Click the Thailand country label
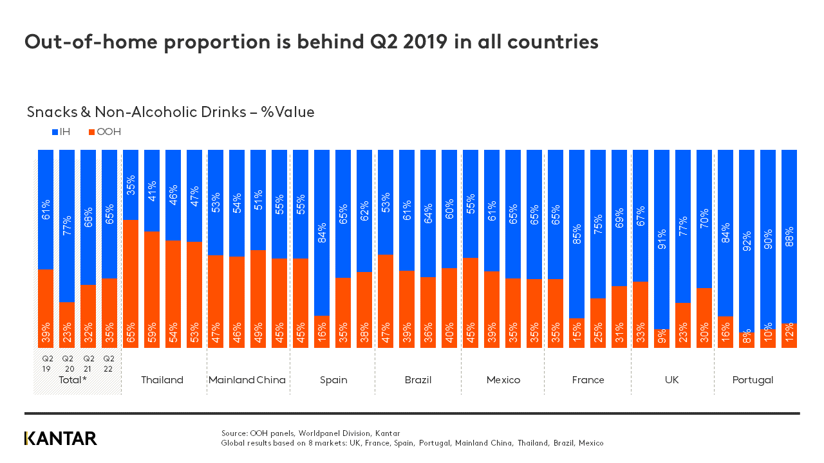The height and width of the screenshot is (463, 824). coord(162,380)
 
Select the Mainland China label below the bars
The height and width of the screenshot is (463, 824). coord(247,380)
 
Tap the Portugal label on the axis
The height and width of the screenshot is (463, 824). coord(753,380)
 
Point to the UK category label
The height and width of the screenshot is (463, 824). coord(671,380)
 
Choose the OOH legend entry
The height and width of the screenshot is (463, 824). coord(105,132)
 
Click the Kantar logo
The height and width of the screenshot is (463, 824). coord(61,439)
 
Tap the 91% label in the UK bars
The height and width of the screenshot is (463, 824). coord(662,239)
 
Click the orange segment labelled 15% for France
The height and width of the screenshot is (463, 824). coord(577,333)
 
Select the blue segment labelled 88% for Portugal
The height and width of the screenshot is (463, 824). coord(789,236)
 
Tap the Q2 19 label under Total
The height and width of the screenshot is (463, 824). coord(48,363)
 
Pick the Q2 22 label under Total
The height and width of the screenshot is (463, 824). coord(109,363)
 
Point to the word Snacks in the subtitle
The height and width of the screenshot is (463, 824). coord(50,112)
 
